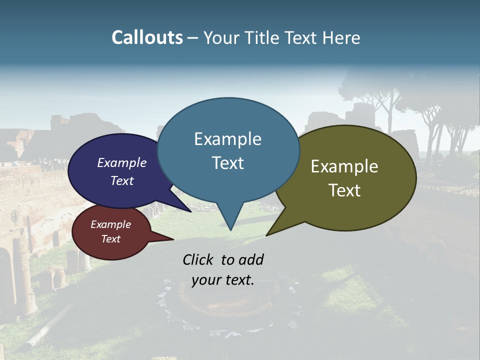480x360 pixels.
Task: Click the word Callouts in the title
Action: pos(147,37)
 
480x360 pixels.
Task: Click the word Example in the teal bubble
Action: pos(227,139)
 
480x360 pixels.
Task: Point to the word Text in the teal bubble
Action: pos(227,163)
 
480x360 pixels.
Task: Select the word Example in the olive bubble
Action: pos(344,166)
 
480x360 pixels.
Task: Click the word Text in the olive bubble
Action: pos(344,190)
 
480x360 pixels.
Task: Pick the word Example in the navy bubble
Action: pos(122,162)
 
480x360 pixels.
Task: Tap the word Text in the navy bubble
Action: pos(122,180)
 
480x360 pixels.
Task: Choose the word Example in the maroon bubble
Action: pos(110,224)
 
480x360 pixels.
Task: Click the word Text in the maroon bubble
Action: pos(110,239)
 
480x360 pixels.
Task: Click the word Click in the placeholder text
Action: pos(199,259)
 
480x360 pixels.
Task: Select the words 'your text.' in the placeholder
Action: pos(223,280)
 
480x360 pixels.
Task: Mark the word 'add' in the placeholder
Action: pos(250,259)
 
